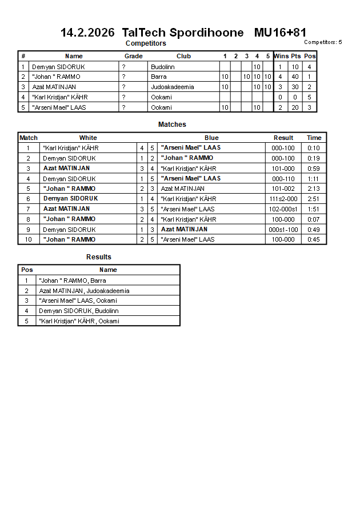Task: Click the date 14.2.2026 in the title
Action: pyautogui.click(x=87, y=33)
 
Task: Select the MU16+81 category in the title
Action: pyautogui.click(x=280, y=33)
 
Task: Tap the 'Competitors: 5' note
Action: pyautogui.click(x=323, y=42)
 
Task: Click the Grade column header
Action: pyautogui.click(x=133, y=56)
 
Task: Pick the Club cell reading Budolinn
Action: pyautogui.click(x=162, y=67)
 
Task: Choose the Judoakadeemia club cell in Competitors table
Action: pyautogui.click(x=172, y=87)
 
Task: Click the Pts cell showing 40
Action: pyautogui.click(x=295, y=77)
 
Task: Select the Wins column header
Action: pyautogui.click(x=281, y=56)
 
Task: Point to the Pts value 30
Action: pyautogui.click(x=295, y=87)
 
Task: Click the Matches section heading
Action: pyautogui.click(x=172, y=125)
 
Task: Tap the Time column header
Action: pyautogui.click(x=314, y=138)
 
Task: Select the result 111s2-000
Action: pyautogui.click(x=283, y=199)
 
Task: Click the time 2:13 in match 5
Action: pyautogui.click(x=314, y=189)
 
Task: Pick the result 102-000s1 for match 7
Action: pyautogui.click(x=283, y=209)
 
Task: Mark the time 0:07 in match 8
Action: pyautogui.click(x=314, y=219)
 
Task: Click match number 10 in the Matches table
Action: pyautogui.click(x=28, y=239)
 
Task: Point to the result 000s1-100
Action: pyautogui.click(x=283, y=229)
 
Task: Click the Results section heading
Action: pyautogui.click(x=99, y=257)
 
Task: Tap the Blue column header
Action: pyautogui.click(x=211, y=138)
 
